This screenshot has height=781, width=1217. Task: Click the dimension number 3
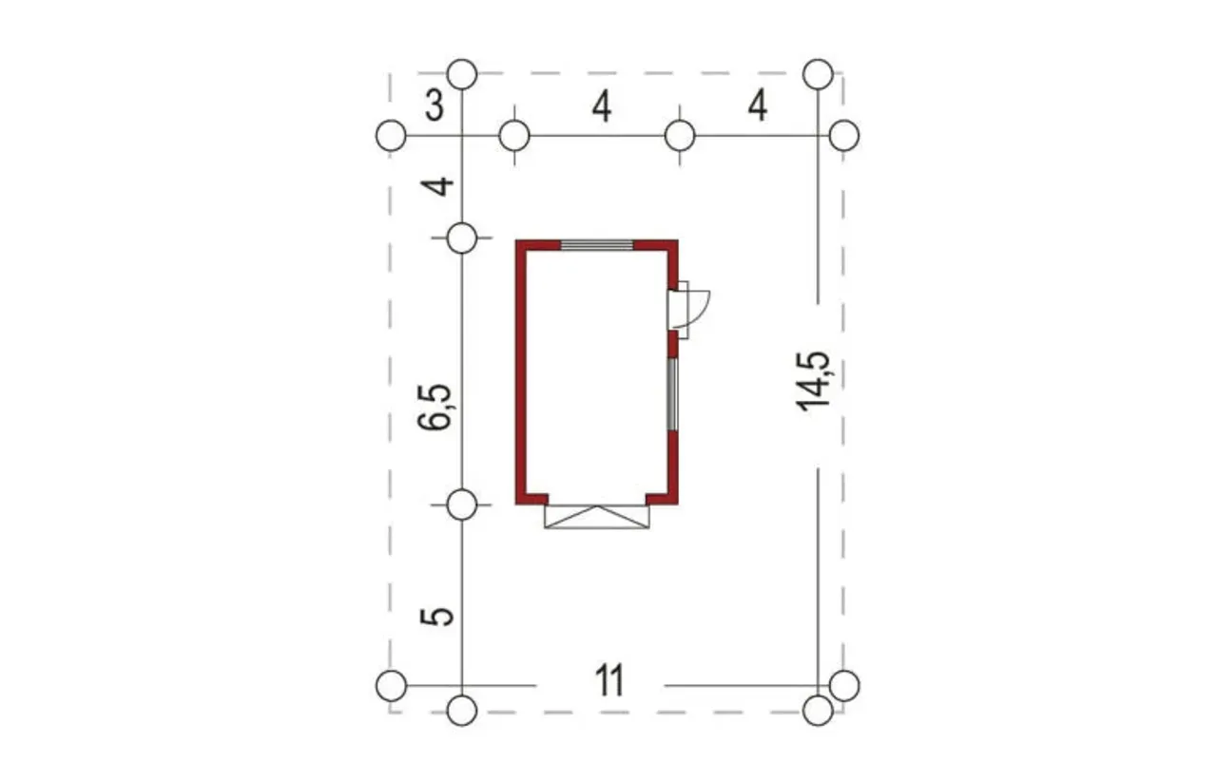tap(435, 105)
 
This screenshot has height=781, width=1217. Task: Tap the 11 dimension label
tap(609, 680)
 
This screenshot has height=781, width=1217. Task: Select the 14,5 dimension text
tap(813, 381)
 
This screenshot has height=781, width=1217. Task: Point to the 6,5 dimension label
tap(435, 408)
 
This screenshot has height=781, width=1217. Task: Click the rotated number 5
tap(436, 617)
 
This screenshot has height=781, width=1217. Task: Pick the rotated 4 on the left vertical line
tap(437, 186)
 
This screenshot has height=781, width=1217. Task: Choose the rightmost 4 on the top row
tap(758, 105)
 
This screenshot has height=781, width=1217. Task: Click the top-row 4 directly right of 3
tap(602, 106)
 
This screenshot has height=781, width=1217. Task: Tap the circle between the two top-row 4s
tap(680, 136)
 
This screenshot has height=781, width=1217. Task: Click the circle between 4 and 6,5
tap(462, 238)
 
